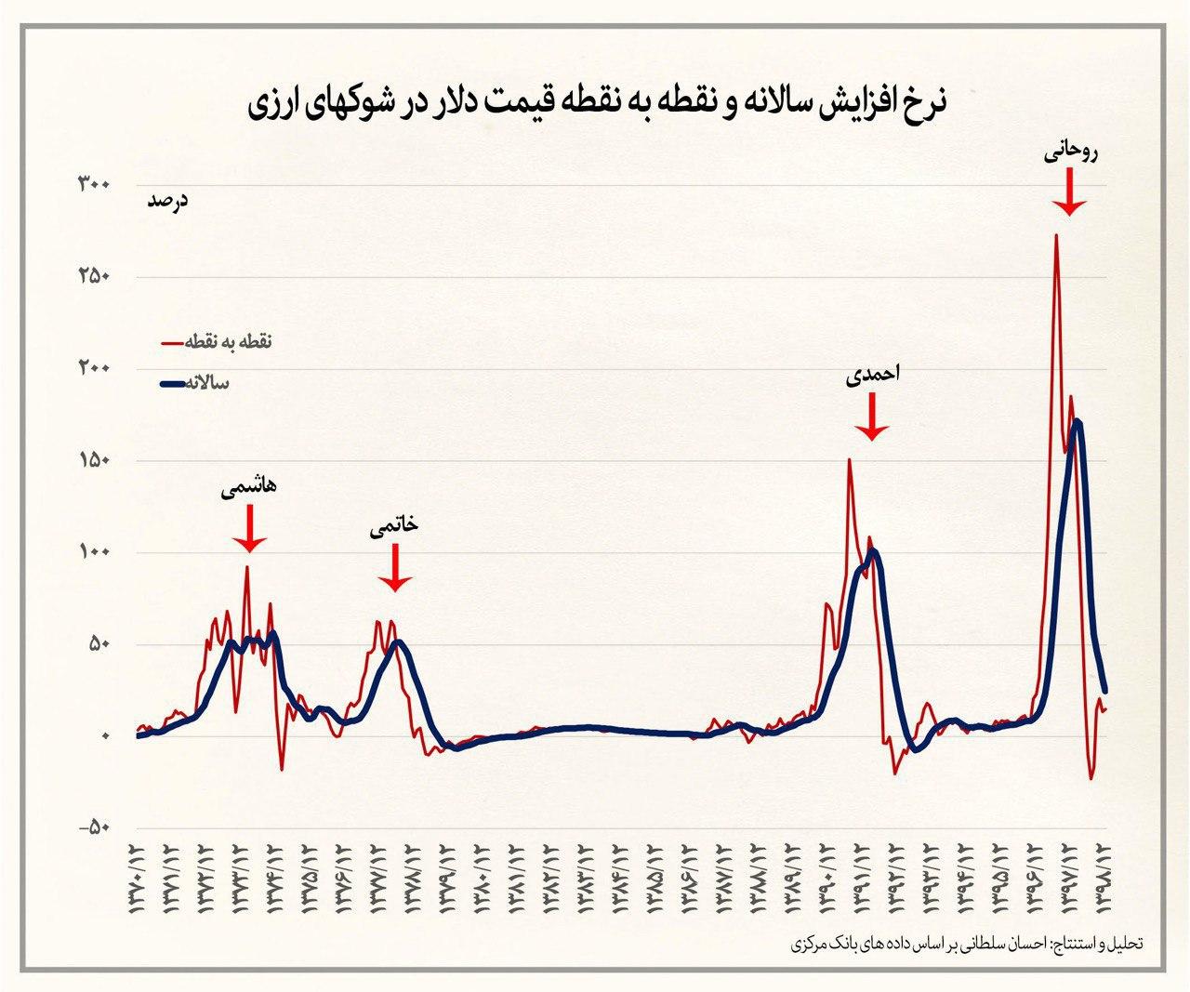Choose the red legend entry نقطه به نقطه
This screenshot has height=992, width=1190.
click(217, 342)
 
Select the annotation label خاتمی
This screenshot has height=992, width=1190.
click(394, 525)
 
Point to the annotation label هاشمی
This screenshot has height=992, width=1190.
click(248, 488)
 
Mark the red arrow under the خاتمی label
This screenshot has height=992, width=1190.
click(395, 569)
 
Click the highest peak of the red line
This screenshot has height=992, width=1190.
click(1055, 234)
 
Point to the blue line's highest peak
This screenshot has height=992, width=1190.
click(1077, 421)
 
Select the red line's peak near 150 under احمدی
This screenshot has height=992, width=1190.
click(848, 459)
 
